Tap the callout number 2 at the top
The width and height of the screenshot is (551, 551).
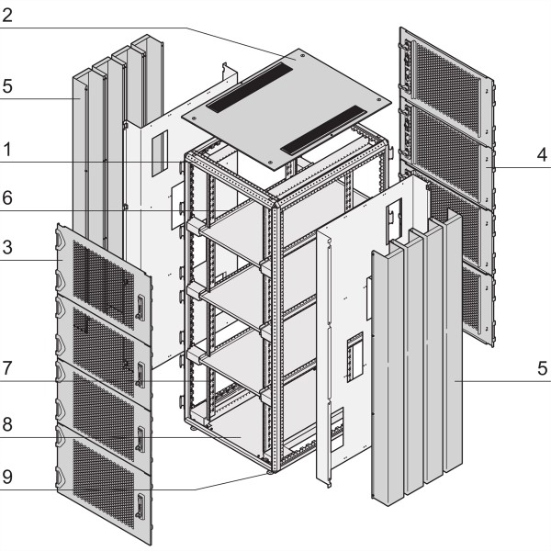(7, 17)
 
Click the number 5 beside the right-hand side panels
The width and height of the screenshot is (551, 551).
(543, 369)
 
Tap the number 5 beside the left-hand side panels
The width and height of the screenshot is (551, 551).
(7, 86)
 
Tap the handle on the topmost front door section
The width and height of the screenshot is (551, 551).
(140, 309)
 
